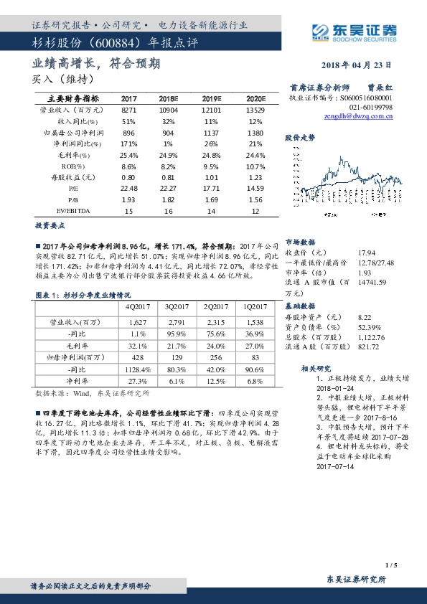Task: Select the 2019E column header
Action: pos(210,98)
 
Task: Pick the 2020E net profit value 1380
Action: pos(255,133)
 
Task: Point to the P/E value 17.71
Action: pos(210,188)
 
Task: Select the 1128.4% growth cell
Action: pos(137,368)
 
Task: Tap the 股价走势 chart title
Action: pos(300,136)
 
